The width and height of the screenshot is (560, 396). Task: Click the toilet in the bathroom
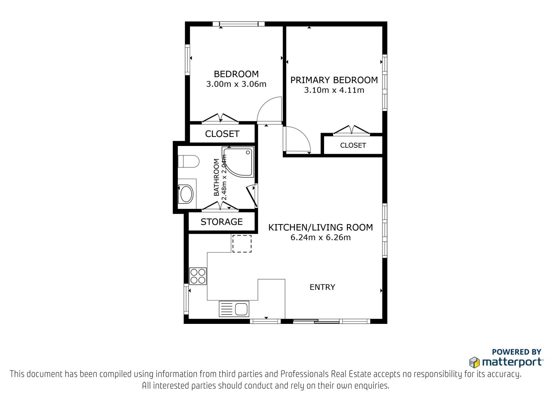tap(188, 161)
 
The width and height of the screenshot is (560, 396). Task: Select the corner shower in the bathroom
tap(238, 162)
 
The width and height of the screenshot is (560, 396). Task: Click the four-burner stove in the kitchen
tap(198, 276)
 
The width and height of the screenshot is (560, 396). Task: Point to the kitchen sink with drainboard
tap(234, 309)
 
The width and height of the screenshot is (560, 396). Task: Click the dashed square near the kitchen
tap(242, 243)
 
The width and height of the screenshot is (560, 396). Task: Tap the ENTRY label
tap(322, 287)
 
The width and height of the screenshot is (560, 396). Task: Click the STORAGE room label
tap(222, 222)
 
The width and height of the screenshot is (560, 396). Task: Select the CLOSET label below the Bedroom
tap(222, 134)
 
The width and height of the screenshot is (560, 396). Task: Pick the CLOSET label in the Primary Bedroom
tap(353, 145)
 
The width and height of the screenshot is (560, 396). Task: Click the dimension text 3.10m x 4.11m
tap(334, 90)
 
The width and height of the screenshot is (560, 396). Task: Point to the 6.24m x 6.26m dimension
tap(321, 237)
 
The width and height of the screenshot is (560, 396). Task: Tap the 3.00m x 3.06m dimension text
tap(236, 84)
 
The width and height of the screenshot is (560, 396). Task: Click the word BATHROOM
tap(217, 177)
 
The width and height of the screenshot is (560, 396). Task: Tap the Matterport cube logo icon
tap(474, 362)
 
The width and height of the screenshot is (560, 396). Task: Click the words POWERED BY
tap(517, 352)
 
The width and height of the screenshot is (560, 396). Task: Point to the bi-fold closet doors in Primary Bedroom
tap(351, 130)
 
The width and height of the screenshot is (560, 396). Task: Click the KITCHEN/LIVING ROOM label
tap(321, 227)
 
